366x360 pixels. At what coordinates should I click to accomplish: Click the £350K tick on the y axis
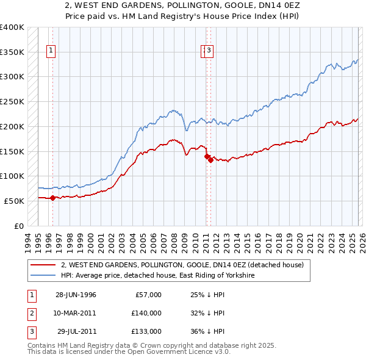coord(12,52)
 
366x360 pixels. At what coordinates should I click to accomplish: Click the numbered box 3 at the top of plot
coord(209,51)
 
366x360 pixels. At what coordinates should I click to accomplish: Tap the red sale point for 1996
coord(52,197)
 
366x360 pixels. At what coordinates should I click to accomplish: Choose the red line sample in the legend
coord(43,265)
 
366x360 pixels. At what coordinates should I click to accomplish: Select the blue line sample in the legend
coord(43,276)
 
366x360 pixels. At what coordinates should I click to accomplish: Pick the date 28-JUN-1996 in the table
coord(76,295)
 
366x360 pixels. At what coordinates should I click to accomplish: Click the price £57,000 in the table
coord(147,295)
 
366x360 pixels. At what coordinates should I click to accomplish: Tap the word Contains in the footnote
coord(42,345)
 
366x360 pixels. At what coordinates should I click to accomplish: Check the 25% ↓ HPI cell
coord(207,295)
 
